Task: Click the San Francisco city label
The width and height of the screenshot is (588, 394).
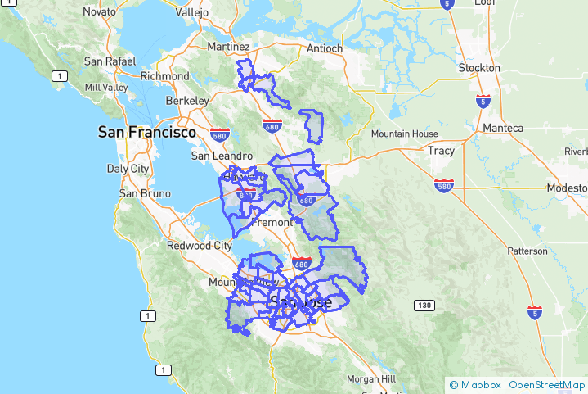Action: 147,132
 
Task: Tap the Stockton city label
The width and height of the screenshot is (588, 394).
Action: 479,67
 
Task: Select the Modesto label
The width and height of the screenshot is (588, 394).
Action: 568,188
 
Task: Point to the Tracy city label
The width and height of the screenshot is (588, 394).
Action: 440,151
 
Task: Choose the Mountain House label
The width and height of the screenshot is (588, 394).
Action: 404,134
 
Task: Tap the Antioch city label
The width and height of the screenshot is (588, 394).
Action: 325,48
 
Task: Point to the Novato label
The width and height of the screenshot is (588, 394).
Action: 99,12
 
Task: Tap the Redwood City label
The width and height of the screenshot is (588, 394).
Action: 200,245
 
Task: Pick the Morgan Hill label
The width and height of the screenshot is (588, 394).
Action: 371,379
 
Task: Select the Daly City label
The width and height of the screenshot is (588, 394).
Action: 128,169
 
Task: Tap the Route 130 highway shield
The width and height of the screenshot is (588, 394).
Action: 423,306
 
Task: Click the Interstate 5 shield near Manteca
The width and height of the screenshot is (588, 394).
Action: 483,102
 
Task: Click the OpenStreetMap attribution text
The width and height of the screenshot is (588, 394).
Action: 546,384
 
